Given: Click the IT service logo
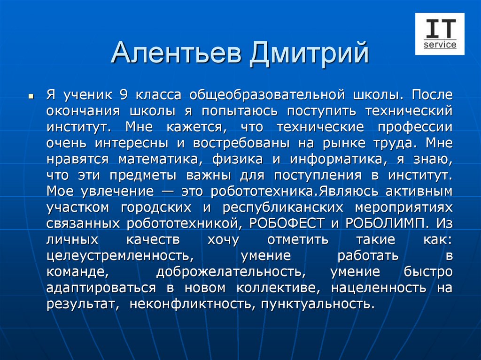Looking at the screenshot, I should pos(440,34).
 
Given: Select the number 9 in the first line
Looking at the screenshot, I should pos(124,95).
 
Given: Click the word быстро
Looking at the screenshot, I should pos(428,271).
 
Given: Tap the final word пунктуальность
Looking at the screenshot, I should pos(318,303).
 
